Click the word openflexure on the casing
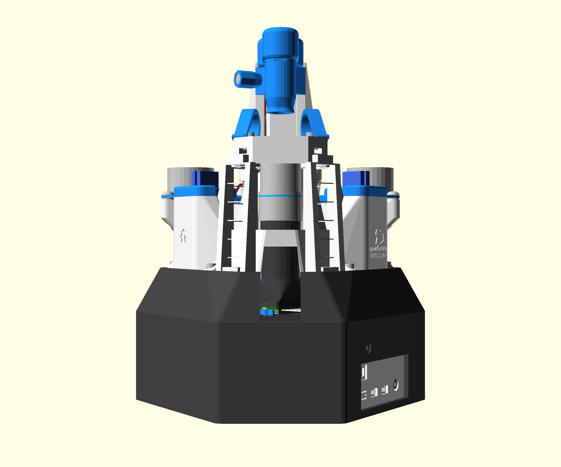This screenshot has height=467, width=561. (x=378, y=248)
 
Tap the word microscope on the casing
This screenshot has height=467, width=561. (x=378, y=255)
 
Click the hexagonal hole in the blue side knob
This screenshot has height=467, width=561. (x=237, y=79)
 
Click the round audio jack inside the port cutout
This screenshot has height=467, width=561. (x=396, y=385)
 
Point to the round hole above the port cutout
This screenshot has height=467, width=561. (x=369, y=348)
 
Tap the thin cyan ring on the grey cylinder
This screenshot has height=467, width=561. (x=280, y=196)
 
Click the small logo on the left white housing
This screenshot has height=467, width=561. (x=183, y=235)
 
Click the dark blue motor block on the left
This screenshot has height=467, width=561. (x=205, y=178)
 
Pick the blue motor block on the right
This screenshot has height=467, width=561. (x=355, y=178)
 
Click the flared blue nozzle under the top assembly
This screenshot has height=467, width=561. (x=280, y=105)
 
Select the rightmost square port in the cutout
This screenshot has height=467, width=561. (x=385, y=390)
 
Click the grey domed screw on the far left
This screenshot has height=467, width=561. (x=168, y=194)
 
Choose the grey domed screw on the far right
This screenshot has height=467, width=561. (x=393, y=194)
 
